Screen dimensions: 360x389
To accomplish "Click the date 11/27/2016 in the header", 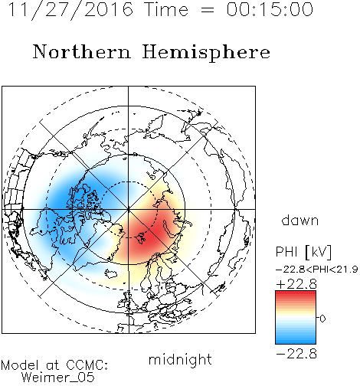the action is pos(70,10).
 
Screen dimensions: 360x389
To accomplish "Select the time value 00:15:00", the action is pos(270,9).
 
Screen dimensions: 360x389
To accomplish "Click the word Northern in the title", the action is pos(82,51).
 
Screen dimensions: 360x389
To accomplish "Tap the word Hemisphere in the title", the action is pos(206,52).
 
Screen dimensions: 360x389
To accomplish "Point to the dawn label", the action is pos(300,220).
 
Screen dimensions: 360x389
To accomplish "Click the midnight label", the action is pos(180,359).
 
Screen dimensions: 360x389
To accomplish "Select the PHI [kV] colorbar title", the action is pos(303,252).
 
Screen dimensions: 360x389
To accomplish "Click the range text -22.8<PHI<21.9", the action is pos(316,269).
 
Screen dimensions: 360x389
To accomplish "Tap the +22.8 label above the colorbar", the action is pos(296,284).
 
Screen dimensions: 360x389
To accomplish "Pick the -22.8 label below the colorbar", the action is pos(296,354).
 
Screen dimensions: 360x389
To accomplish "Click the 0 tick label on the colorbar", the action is pos(322,319).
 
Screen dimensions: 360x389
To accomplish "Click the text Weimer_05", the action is pos(58,377).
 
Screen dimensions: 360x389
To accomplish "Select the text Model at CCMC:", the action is pos(54,365).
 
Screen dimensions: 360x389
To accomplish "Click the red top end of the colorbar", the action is pos(296,293).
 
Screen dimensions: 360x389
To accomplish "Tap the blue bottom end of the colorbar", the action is pos(296,342).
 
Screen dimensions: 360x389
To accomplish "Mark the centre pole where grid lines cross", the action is pos(128,209).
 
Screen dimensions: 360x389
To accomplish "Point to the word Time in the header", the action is pos(166,9).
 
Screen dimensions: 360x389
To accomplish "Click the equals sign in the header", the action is pos(208,10).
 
